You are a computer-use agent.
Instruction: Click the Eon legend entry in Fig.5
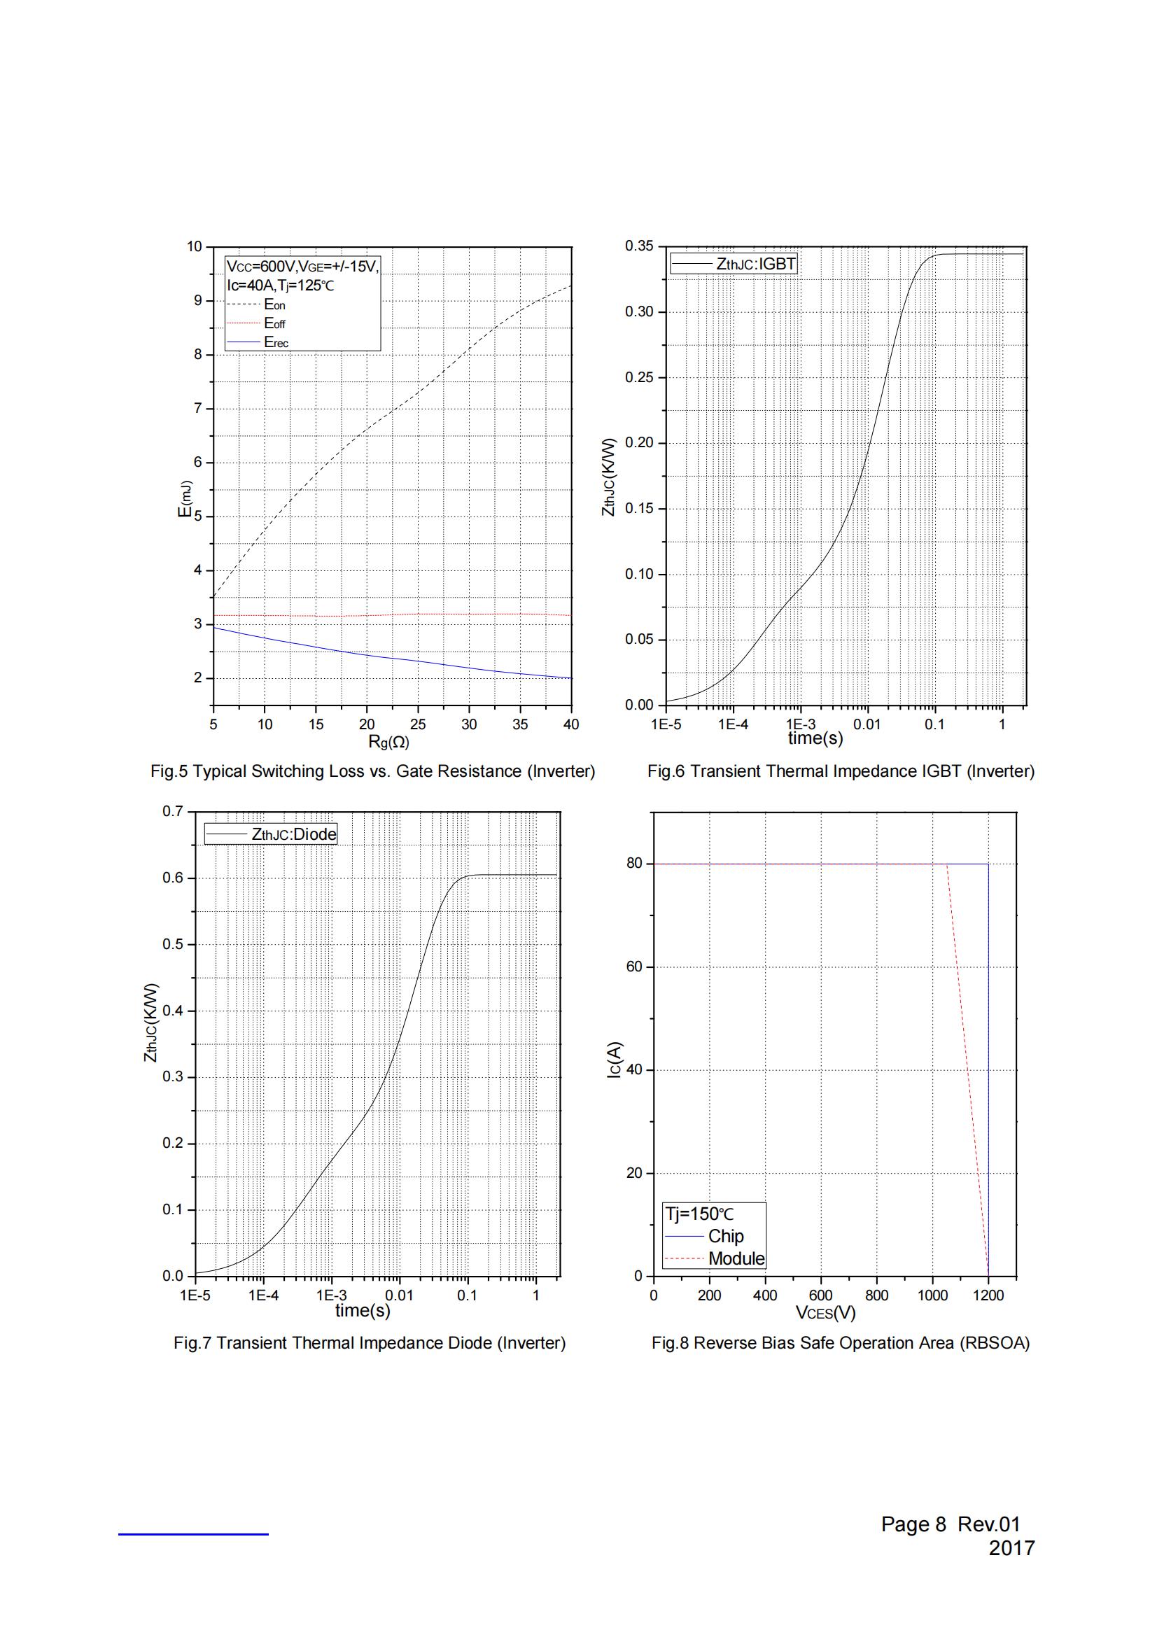pos(274,305)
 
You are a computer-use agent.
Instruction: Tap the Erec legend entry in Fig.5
pos(276,342)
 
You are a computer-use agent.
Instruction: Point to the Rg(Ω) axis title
pos(388,742)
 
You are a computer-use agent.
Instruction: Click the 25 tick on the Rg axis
pos(418,724)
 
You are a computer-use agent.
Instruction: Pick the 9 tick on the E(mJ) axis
pos(197,301)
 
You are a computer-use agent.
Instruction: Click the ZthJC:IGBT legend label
pos(756,265)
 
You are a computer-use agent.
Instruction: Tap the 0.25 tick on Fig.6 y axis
pos(639,378)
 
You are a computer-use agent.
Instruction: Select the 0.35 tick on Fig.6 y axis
pos(639,246)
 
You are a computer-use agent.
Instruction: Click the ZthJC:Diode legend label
pos(294,834)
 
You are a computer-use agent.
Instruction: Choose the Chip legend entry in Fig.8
pos(726,1236)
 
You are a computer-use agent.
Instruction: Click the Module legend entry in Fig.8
pos(736,1259)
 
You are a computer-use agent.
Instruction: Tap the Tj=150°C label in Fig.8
pos(699,1214)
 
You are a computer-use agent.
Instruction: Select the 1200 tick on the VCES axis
pos(988,1295)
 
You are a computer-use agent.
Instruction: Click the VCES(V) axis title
pos(825,1312)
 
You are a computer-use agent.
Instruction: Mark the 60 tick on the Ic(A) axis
pos(633,967)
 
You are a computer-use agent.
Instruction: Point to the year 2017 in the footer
pos(1011,1548)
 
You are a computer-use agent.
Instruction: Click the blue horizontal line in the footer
pos(193,1533)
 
